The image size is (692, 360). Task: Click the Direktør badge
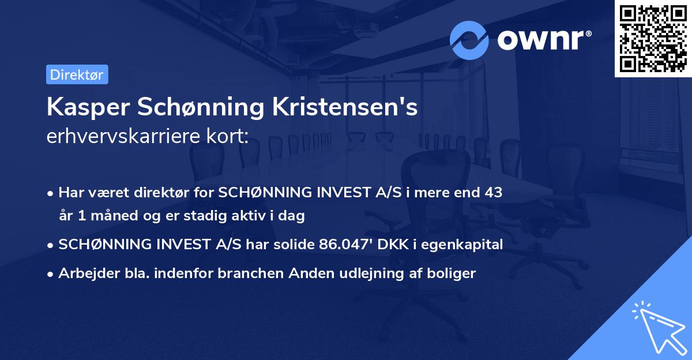[77, 74]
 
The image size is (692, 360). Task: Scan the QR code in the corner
[653, 38]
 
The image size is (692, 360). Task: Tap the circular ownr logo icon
[469, 40]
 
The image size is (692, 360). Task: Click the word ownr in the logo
[544, 40]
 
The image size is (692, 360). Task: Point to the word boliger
[453, 273]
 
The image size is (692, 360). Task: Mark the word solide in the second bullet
[294, 245]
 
